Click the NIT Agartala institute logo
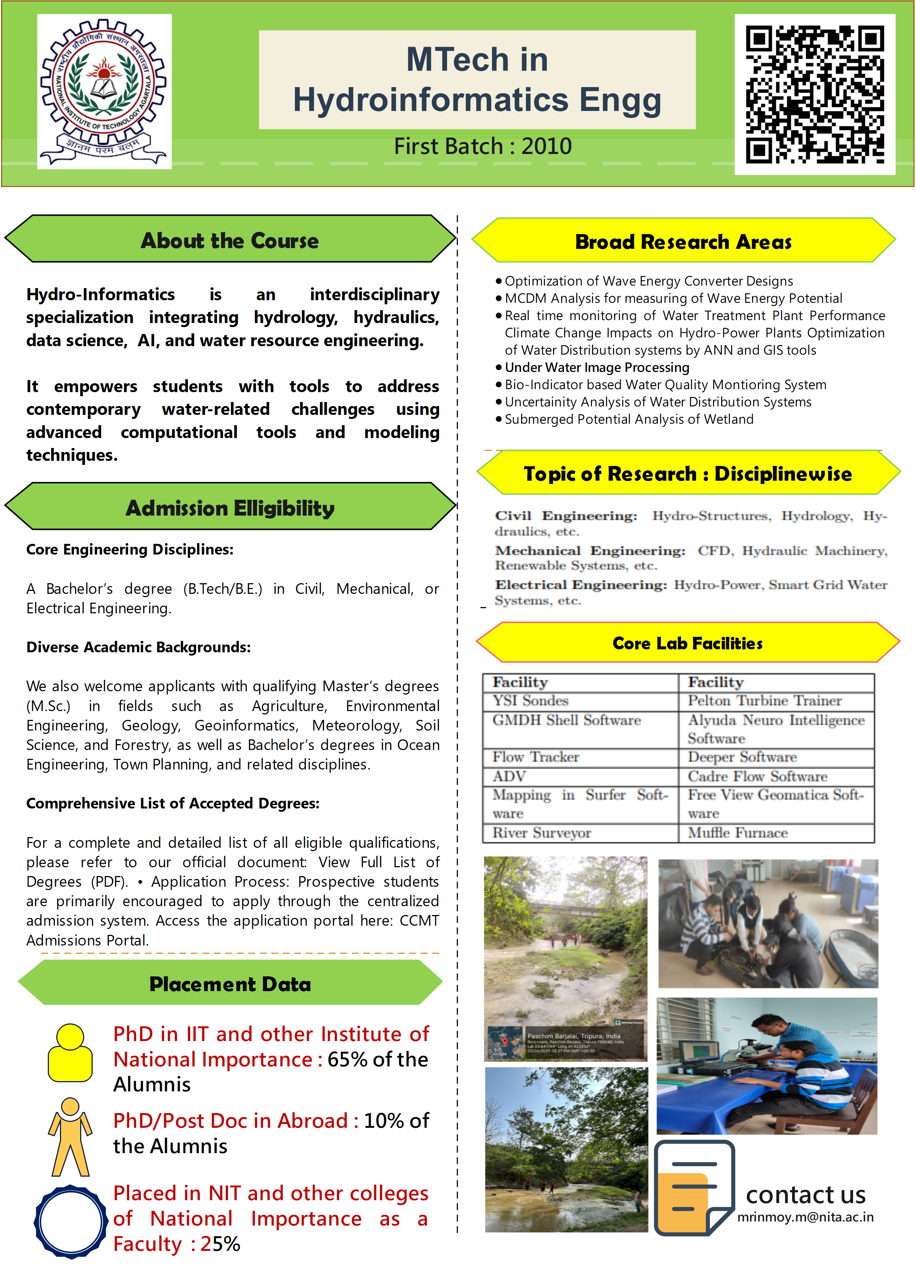[x=104, y=91]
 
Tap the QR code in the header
[x=815, y=94]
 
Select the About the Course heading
[x=230, y=241]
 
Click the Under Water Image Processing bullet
[x=597, y=367]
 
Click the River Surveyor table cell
[x=541, y=833]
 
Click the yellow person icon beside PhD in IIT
[x=70, y=1053]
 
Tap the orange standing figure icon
[x=70, y=1137]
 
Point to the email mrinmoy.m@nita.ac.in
[x=805, y=1217]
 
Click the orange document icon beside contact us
[x=694, y=1187]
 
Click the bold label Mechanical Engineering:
[x=589, y=551]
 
